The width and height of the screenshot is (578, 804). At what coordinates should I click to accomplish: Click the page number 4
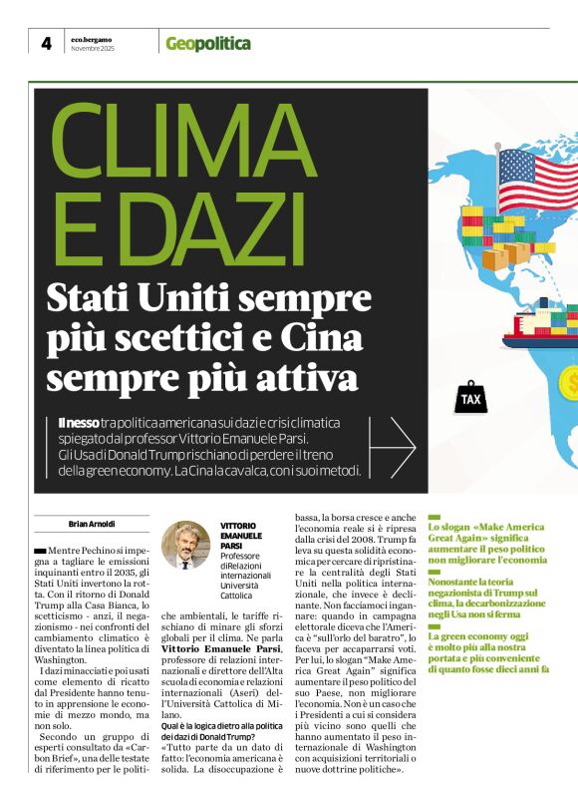coord(46,43)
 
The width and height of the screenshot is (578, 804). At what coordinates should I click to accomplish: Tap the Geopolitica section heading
coord(207,44)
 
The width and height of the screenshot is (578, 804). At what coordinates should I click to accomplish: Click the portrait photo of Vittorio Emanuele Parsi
coord(185,546)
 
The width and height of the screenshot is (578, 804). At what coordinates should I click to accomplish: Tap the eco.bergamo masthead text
coord(92,38)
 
